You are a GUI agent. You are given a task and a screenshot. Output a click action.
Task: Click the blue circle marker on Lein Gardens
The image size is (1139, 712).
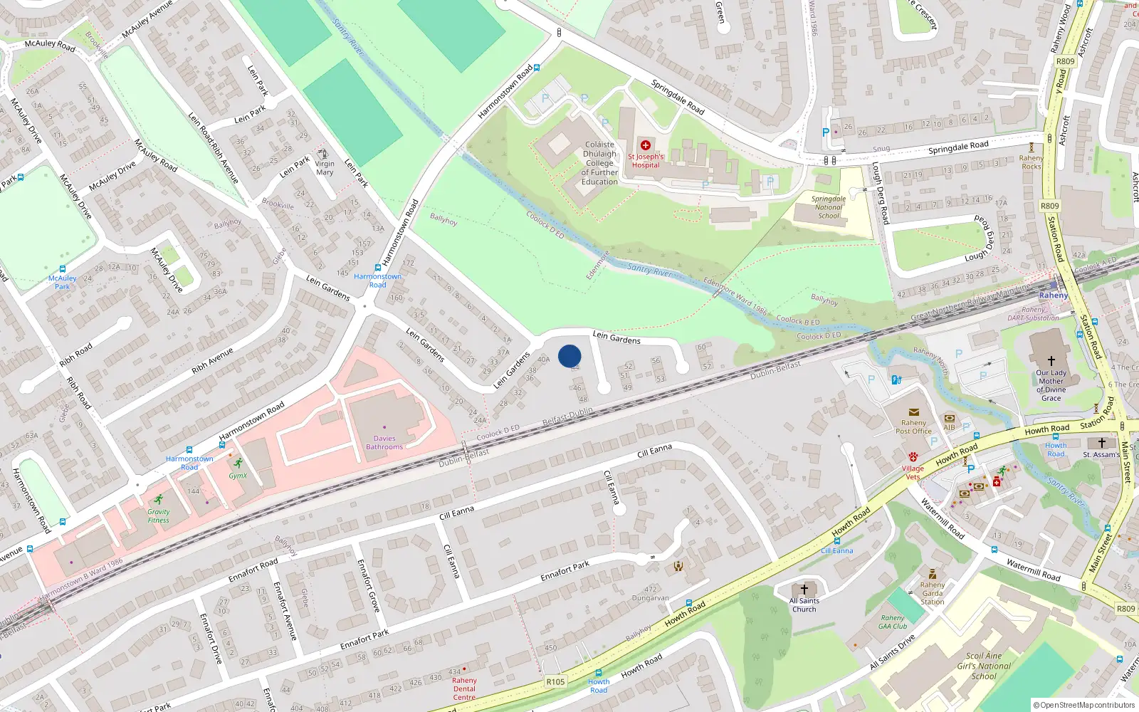click(569, 356)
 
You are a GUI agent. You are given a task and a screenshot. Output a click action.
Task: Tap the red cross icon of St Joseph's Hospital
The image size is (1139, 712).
click(646, 145)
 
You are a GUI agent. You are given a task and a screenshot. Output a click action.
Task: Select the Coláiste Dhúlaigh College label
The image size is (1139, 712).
click(599, 163)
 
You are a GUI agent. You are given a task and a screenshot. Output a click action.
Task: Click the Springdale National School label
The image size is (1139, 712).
click(829, 207)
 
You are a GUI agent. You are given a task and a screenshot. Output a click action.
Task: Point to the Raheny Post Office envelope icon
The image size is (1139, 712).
click(913, 412)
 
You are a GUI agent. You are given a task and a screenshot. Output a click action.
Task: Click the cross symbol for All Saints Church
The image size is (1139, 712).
click(804, 590)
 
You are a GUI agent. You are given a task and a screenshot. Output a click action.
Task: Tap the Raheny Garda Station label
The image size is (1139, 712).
click(933, 593)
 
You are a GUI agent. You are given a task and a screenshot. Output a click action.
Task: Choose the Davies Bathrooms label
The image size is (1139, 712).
click(384, 443)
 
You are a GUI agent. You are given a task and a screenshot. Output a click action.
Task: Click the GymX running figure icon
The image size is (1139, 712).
click(238, 464)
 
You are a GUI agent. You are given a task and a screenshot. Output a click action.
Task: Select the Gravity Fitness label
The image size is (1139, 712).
click(159, 515)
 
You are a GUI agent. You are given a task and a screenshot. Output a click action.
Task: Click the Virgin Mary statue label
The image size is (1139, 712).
click(325, 168)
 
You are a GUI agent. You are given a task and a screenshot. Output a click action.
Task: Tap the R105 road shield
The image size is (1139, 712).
click(555, 681)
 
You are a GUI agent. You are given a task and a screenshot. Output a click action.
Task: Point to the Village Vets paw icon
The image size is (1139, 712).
click(913, 456)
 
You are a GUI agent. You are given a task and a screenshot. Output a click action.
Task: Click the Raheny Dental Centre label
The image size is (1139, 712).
click(464, 689)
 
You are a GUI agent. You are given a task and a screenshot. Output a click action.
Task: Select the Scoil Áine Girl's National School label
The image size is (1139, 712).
click(984, 666)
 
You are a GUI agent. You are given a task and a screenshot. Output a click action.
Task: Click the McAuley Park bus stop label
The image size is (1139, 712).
click(63, 283)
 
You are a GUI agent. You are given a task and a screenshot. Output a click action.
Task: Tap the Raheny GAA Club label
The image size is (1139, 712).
click(893, 622)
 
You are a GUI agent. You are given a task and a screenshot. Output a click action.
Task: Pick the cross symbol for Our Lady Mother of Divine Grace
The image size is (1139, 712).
click(1051, 361)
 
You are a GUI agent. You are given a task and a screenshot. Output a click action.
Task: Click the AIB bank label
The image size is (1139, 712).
click(949, 427)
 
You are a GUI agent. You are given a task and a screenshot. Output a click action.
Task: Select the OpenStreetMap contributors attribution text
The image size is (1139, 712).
click(1084, 706)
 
